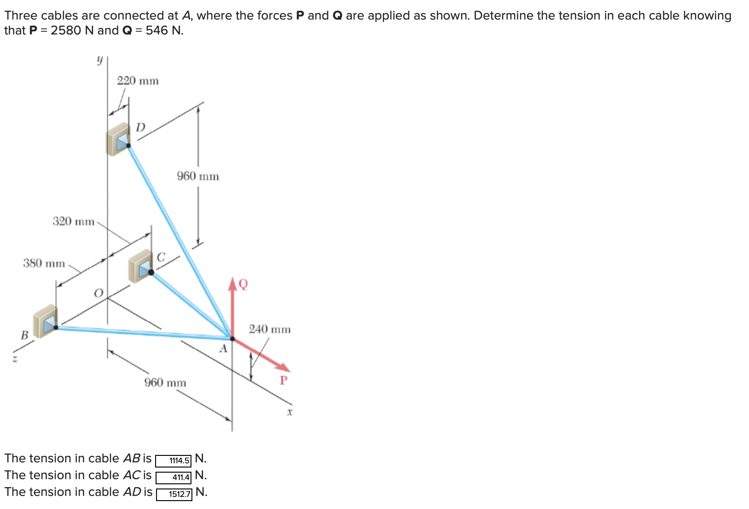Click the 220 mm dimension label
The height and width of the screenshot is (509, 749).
tap(137, 81)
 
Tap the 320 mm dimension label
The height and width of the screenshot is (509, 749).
tap(73, 221)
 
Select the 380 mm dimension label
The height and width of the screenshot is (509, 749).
tap(44, 263)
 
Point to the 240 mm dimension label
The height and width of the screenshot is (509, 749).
tap(269, 330)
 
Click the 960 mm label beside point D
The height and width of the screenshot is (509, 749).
tap(197, 176)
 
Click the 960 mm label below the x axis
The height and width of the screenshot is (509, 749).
tap(165, 383)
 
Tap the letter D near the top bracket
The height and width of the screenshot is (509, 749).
tap(141, 127)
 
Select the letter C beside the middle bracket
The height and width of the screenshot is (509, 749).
tap(161, 257)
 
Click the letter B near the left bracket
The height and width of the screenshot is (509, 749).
tap(24, 335)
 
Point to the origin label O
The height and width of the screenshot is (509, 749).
tap(98, 293)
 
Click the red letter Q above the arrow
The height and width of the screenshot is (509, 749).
tap(243, 284)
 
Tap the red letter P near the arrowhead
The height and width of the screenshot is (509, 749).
tap(283, 380)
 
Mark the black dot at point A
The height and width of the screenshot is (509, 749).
tap(232, 338)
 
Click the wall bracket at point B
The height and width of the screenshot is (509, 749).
tap(46, 321)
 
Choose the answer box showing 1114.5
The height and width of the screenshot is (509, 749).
tap(173, 461)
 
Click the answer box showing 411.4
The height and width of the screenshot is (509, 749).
tap(173, 478)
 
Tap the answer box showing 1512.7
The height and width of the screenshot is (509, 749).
tap(174, 494)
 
